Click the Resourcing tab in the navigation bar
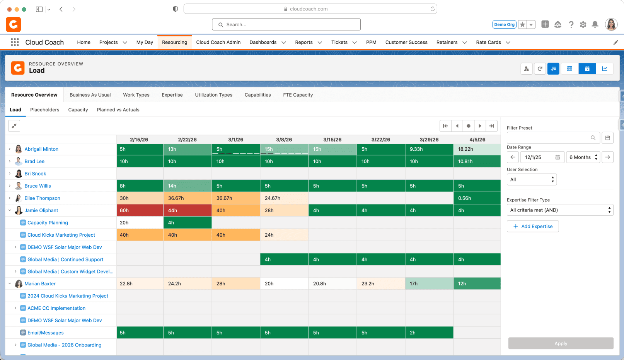[x=174, y=43]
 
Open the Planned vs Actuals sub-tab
[x=118, y=110]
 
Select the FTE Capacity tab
[x=298, y=95]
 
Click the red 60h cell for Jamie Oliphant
[x=140, y=210]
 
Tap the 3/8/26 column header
[x=284, y=140]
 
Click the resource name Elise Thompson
[x=43, y=198]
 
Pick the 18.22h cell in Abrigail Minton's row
[x=477, y=149]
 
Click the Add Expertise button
[x=533, y=226]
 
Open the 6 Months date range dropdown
[x=583, y=157]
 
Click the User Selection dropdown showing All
[x=532, y=180]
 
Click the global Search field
[x=286, y=24]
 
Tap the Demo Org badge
[x=504, y=24]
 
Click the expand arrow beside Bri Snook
[x=10, y=174]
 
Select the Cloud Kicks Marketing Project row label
[x=61, y=235]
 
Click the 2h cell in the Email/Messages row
[x=429, y=333]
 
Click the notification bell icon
[x=595, y=24]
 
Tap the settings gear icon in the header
[x=583, y=24]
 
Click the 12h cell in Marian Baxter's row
[x=477, y=284]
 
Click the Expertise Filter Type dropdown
[x=560, y=210]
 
